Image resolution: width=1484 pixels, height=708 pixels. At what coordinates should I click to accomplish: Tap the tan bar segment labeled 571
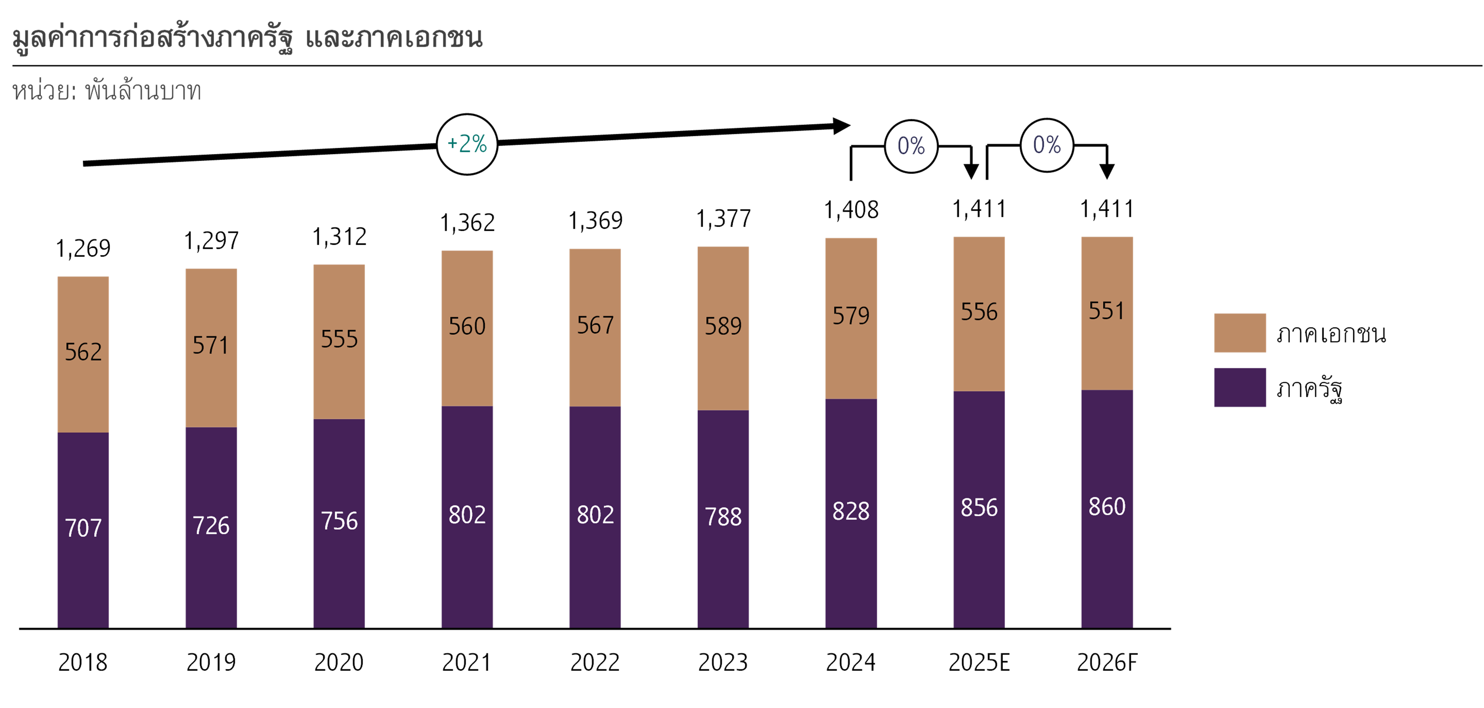[211, 346]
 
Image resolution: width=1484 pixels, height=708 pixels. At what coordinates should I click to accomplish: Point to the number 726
[211, 526]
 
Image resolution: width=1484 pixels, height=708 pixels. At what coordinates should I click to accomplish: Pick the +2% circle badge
[467, 144]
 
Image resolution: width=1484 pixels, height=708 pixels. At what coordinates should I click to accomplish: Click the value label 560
[467, 327]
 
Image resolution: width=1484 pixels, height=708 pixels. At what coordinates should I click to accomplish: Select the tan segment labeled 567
[595, 326]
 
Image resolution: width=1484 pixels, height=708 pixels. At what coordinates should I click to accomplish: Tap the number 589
[723, 327]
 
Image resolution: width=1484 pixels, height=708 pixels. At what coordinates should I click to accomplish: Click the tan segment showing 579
[851, 316]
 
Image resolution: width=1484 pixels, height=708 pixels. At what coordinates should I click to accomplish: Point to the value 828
[851, 511]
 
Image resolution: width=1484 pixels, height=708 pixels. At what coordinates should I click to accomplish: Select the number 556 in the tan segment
[979, 312]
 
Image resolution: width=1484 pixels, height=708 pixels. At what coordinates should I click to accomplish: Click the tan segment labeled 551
[1107, 311]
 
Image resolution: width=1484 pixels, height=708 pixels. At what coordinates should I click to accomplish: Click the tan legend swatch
[1240, 333]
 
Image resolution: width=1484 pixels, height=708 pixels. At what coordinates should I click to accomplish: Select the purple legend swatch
[1240, 387]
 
